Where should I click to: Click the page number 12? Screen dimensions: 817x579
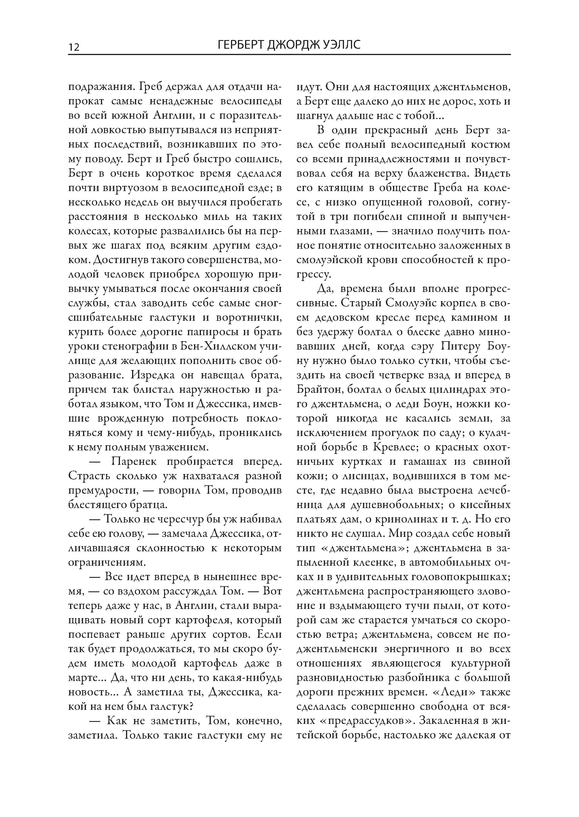click(74, 47)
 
